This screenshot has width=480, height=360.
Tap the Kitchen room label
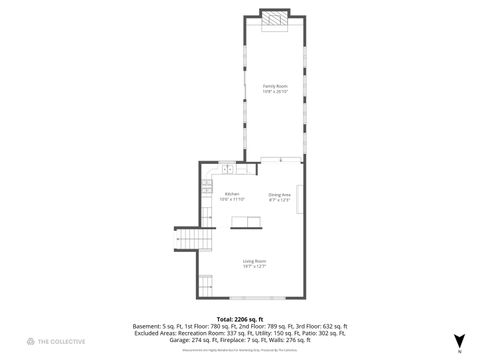[x=232, y=193]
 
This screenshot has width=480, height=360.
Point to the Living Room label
[x=254, y=260]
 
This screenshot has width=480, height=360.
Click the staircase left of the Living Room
[x=195, y=240]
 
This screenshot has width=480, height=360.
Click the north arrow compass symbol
[x=459, y=340]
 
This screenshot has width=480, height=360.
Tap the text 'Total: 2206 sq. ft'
[x=240, y=319]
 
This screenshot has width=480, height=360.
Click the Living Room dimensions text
[x=254, y=266]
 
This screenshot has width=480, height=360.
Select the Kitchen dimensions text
[x=232, y=199]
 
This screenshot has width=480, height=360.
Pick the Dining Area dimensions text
[x=279, y=199]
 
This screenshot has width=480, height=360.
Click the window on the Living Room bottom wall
[x=252, y=298]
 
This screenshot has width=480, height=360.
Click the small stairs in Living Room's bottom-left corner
[x=205, y=282]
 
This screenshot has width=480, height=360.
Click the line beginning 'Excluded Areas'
[x=240, y=333]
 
